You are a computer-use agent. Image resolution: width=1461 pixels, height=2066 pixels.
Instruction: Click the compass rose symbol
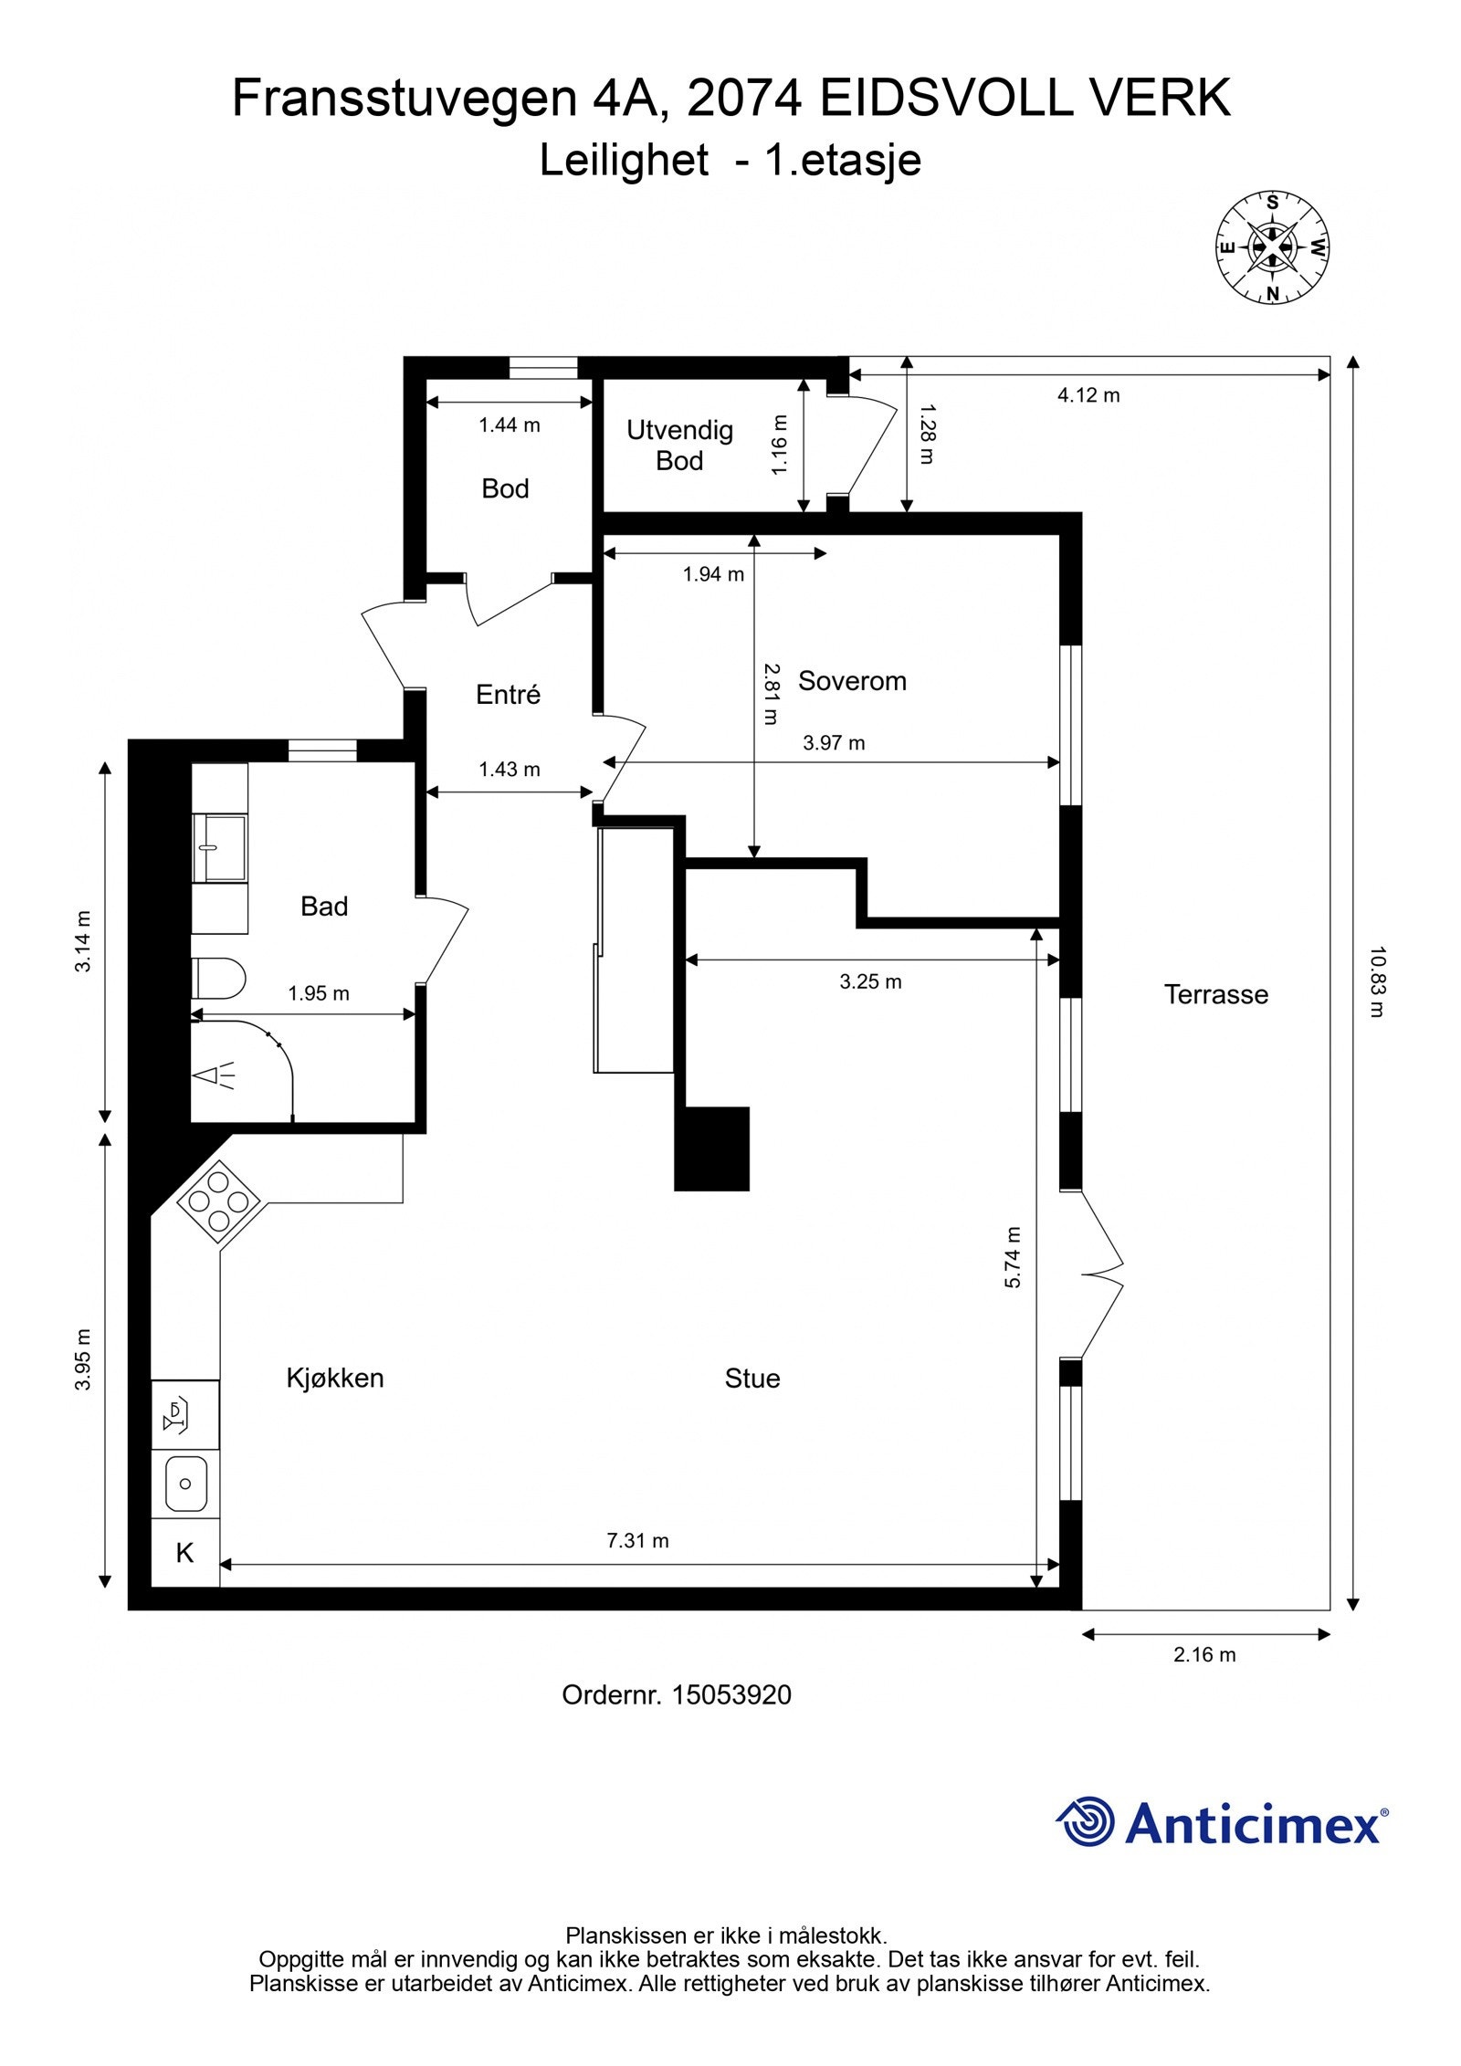(1271, 247)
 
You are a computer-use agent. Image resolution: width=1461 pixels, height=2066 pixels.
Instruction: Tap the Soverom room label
(852, 681)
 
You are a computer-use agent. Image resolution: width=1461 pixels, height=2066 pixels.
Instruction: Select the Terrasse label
(1216, 994)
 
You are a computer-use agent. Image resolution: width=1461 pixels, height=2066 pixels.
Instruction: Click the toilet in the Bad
(218, 978)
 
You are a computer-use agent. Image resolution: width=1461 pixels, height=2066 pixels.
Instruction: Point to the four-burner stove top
(218, 1201)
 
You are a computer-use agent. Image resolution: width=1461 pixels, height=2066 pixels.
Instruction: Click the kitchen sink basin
(185, 1484)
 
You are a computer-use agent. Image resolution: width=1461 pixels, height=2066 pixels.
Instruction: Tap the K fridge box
(185, 1553)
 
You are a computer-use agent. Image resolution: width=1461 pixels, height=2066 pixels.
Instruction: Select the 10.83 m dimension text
(1377, 981)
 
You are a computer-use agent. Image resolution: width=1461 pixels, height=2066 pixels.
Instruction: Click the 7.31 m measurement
(638, 1541)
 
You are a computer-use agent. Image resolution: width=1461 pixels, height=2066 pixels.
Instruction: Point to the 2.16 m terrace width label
(1204, 1655)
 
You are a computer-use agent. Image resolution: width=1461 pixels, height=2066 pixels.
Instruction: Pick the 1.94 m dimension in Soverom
(713, 574)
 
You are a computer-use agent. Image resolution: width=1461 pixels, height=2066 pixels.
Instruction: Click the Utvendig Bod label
(679, 446)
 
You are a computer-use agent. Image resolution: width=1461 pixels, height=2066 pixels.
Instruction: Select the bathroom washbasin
(219, 848)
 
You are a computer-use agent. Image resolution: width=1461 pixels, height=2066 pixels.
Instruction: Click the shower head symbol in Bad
(215, 1076)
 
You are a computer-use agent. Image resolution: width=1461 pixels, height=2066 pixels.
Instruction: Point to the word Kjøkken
(335, 1378)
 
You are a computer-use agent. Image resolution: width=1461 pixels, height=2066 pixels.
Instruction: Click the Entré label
(508, 695)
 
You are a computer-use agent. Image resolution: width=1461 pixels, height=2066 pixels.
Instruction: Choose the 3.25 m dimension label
(870, 982)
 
